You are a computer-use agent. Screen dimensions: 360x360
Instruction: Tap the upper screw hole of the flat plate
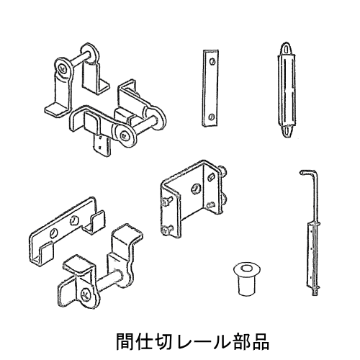click(212, 61)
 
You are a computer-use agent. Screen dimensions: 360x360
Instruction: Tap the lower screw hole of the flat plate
click(211, 117)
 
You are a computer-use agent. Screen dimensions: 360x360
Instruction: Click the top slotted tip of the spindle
click(287, 49)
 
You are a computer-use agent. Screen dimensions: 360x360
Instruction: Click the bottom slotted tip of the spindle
click(287, 131)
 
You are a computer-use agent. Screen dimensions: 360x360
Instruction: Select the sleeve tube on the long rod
click(312, 256)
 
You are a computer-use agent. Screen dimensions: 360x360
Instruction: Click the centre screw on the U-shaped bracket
click(196, 189)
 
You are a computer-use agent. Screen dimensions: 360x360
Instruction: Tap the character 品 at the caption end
click(260, 341)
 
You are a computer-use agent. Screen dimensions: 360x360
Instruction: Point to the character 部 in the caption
click(240, 341)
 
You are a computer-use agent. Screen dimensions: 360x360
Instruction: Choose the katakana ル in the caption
click(222, 341)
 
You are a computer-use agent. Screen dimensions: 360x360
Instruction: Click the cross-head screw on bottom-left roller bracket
click(86, 294)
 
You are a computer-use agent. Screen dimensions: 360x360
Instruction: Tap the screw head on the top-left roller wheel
click(63, 69)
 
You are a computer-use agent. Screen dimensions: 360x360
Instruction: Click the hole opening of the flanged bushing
click(246, 268)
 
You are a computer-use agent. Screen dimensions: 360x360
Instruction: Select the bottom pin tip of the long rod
click(315, 292)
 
